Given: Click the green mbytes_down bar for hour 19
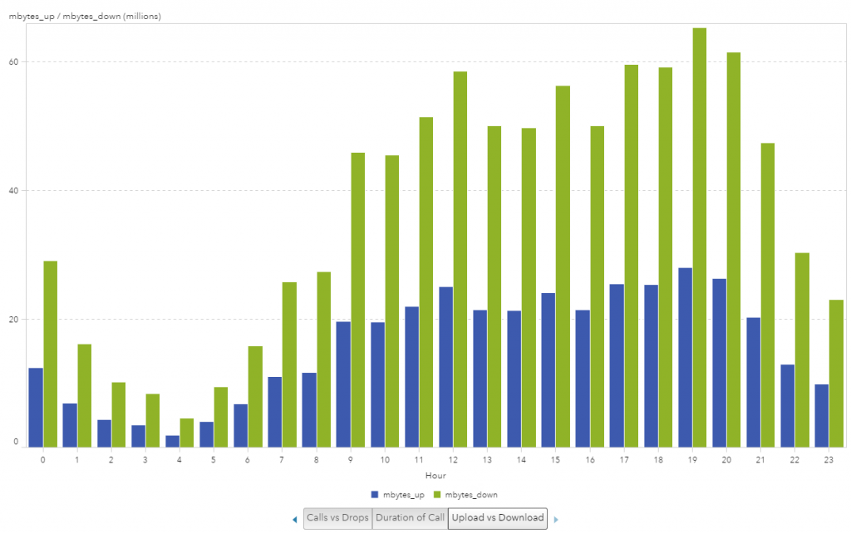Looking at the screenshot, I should (x=700, y=237).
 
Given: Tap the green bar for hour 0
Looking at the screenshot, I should (x=51, y=354).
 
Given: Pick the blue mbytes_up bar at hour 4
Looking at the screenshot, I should (x=172, y=441).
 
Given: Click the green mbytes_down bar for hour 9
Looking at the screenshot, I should (x=358, y=300).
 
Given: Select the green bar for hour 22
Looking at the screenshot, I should (x=802, y=350).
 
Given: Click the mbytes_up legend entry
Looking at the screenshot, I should (x=398, y=495).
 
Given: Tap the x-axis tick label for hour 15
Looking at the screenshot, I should (x=555, y=459).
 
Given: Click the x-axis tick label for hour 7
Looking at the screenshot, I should (x=282, y=459).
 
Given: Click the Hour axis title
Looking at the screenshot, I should (x=435, y=476).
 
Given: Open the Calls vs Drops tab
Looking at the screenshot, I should (x=337, y=518).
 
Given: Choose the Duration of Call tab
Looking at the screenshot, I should (x=410, y=518).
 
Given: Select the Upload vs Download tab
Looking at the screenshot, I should (x=497, y=518).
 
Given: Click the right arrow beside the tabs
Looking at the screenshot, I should (x=556, y=520).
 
